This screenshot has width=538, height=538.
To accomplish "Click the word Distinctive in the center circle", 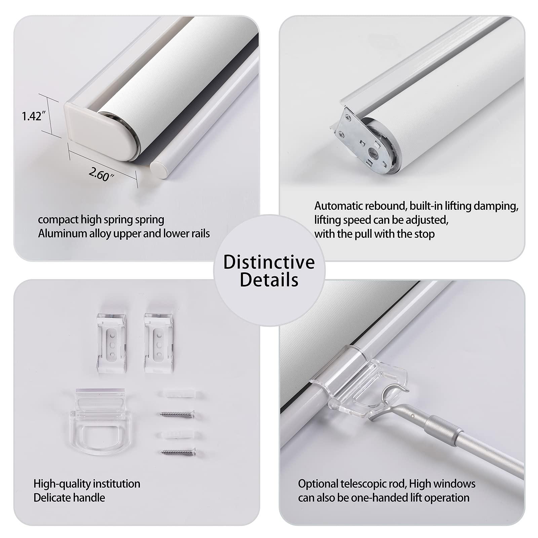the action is tap(269, 262).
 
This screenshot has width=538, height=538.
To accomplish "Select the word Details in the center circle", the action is tap(269, 280).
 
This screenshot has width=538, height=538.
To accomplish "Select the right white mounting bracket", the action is tap(159, 342).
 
